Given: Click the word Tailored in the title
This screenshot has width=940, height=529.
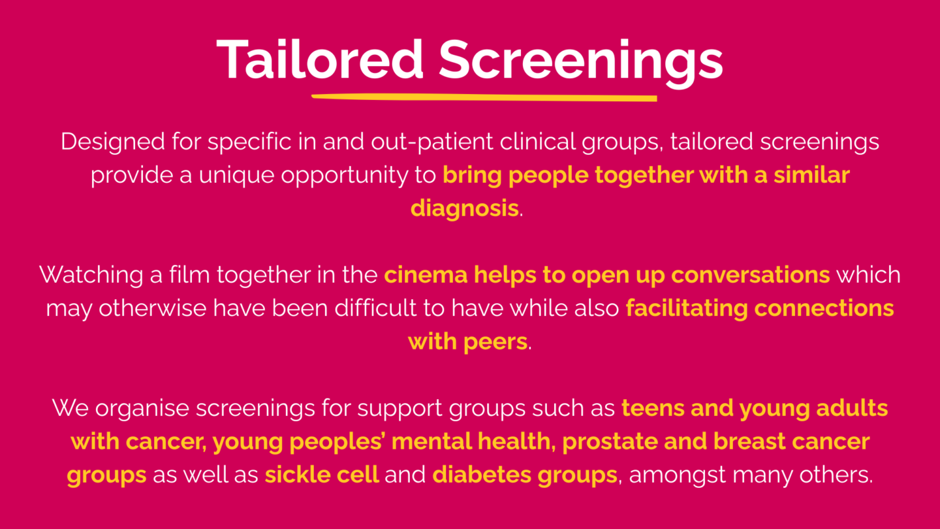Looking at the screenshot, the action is (x=320, y=59).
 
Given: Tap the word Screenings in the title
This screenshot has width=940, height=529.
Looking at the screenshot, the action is (x=581, y=63).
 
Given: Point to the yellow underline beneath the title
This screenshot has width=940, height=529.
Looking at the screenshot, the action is (x=484, y=97).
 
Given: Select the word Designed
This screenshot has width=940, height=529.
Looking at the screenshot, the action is (x=113, y=142).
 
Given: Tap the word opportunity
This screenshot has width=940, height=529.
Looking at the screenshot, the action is (x=345, y=176).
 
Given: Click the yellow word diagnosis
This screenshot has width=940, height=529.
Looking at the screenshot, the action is (x=465, y=209).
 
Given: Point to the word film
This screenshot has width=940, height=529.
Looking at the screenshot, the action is (x=189, y=274).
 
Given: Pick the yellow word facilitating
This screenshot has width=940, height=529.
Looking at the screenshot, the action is (x=687, y=309).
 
